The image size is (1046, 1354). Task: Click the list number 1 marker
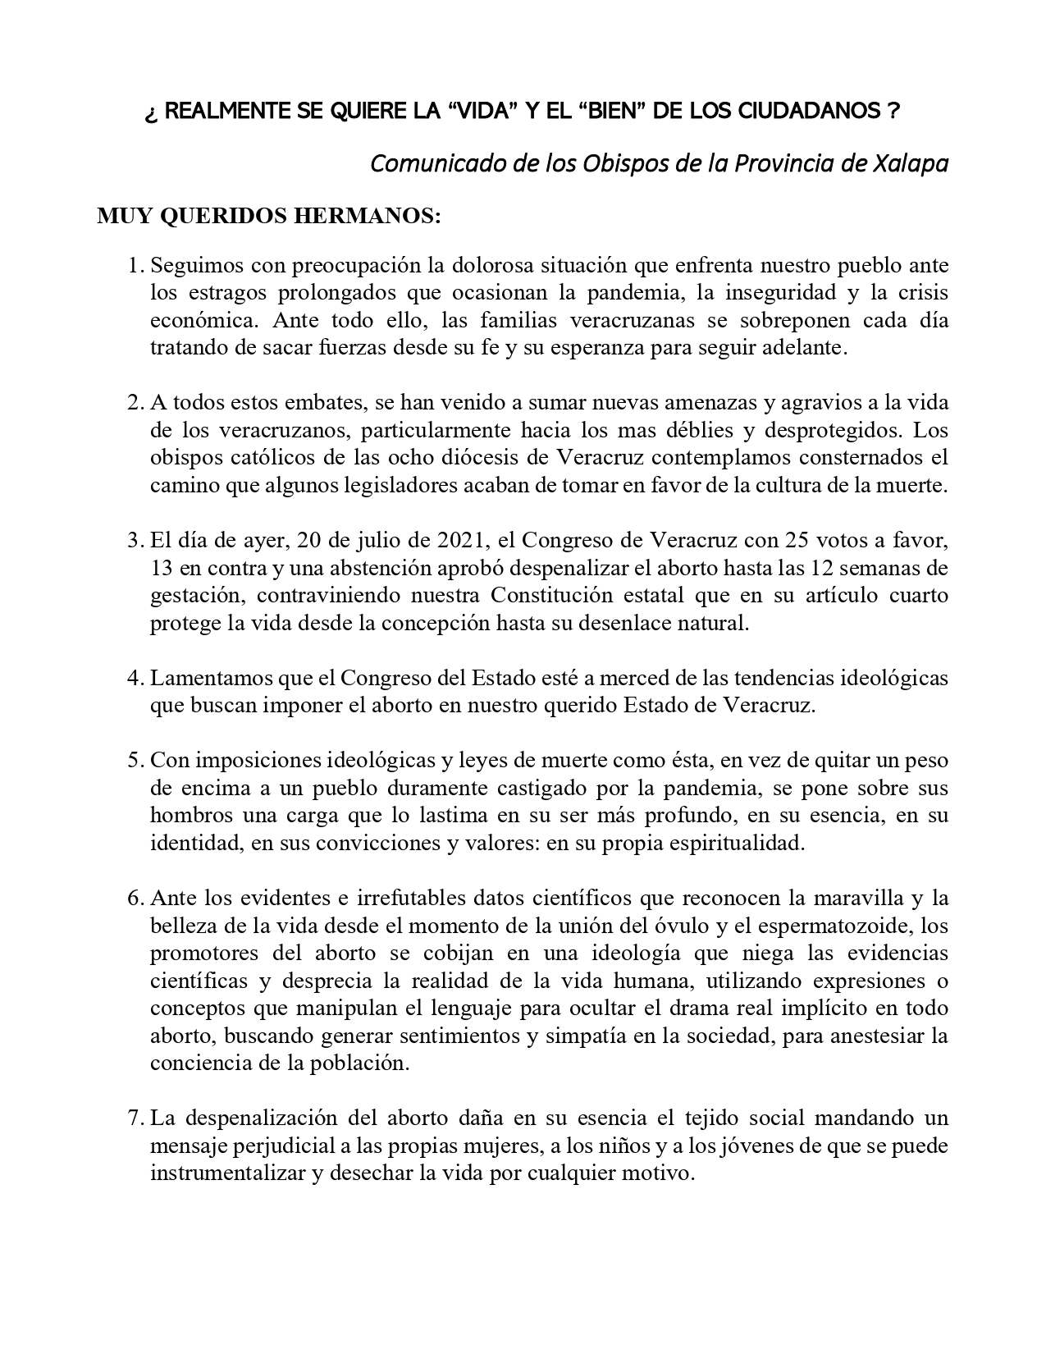(135, 266)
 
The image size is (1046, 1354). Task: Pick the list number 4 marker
(135, 679)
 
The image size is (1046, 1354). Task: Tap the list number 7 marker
(135, 1118)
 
